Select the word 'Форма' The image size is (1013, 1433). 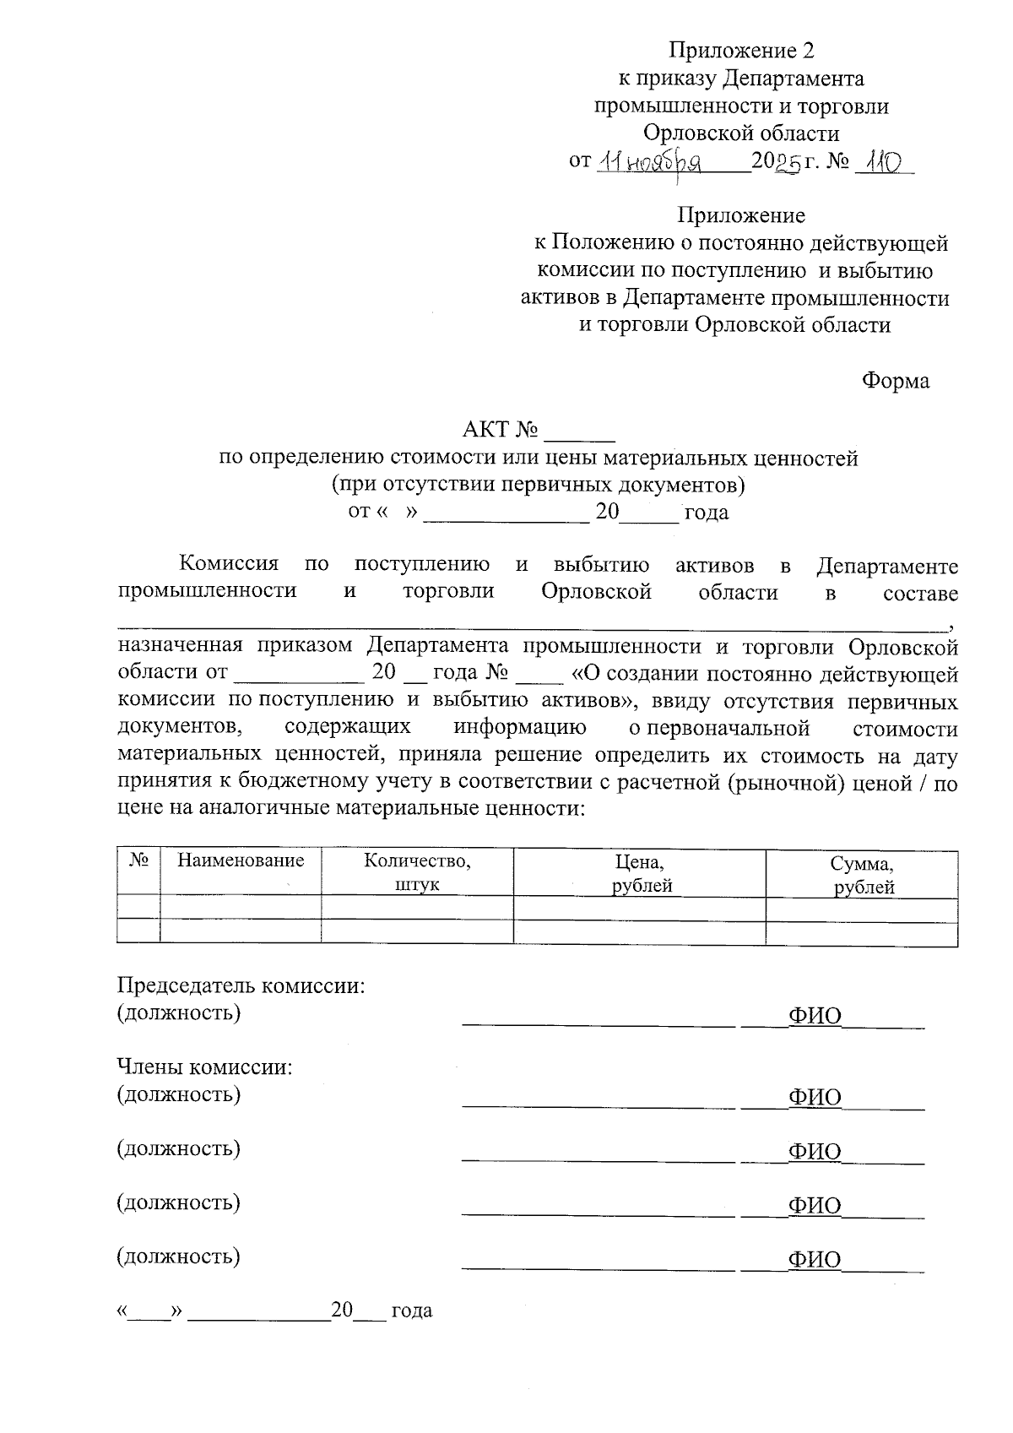pos(895,381)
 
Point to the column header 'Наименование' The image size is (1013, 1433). pos(241,861)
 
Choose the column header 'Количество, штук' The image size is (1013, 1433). pos(417,873)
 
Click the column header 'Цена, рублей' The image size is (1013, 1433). pos(639,874)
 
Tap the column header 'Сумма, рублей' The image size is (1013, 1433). pos(862,875)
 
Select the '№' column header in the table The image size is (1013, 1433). pos(139,860)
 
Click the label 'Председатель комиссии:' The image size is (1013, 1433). pos(241,985)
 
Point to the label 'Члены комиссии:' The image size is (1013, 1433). pos(204,1067)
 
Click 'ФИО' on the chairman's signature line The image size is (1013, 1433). pos(815,1016)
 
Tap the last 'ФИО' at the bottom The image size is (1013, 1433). pos(815,1261)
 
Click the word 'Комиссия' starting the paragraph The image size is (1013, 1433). pos(228,564)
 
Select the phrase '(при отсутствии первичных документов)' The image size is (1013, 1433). pos(538,486)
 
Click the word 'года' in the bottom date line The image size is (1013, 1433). pos(412,1311)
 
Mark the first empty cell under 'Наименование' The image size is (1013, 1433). pos(241,909)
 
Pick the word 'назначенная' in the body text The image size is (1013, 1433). pos(179,646)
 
